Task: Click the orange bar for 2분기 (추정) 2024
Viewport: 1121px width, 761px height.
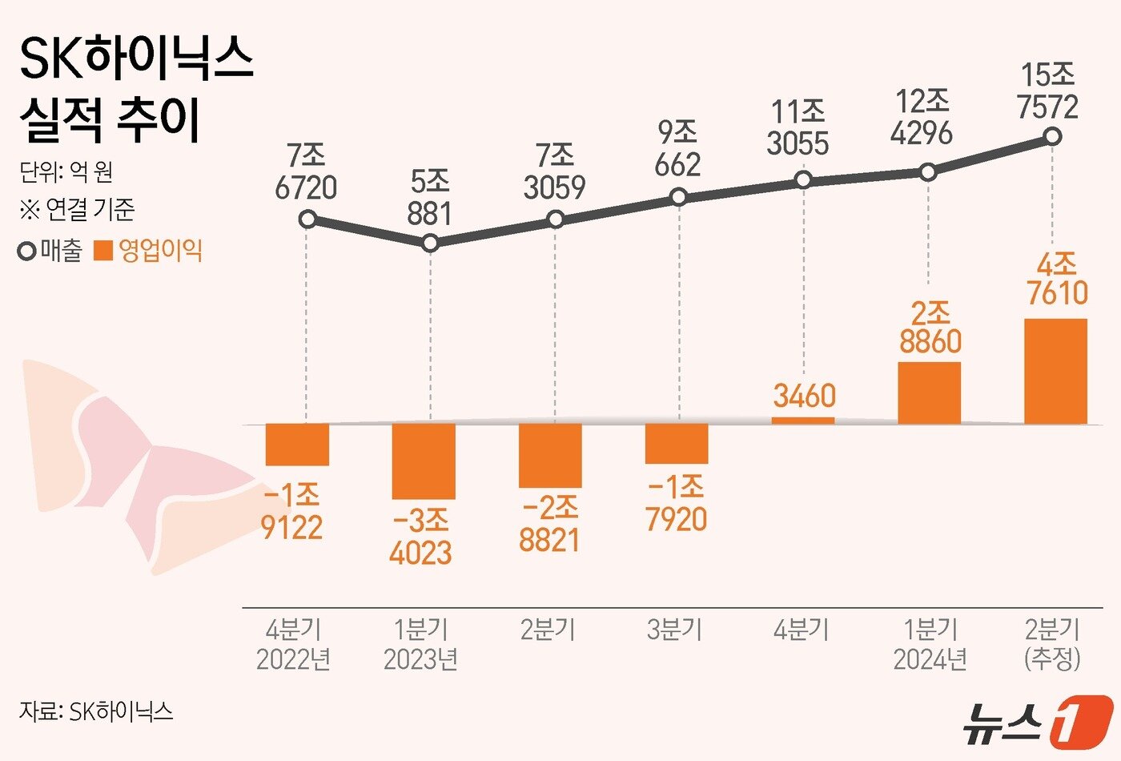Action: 1055,371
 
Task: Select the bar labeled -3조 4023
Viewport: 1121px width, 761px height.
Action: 424,461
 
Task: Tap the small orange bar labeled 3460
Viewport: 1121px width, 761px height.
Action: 803,421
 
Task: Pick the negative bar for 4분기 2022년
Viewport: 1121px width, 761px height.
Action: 297,444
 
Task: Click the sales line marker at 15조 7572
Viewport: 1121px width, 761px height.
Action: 1053,137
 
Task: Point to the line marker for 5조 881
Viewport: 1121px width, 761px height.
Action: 430,243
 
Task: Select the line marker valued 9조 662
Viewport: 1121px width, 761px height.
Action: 678,197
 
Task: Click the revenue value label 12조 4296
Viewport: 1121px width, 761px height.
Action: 922,118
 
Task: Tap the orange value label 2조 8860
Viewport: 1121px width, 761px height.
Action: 930,327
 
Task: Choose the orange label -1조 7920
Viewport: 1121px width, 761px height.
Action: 677,504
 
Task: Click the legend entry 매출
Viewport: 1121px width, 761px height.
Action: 51,251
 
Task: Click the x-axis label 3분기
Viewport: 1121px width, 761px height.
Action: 674,630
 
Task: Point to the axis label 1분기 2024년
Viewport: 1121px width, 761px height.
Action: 930,644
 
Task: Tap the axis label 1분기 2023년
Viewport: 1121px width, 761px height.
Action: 421,644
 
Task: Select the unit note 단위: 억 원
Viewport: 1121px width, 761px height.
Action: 66,171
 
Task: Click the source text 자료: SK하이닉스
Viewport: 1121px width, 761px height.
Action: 95,711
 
